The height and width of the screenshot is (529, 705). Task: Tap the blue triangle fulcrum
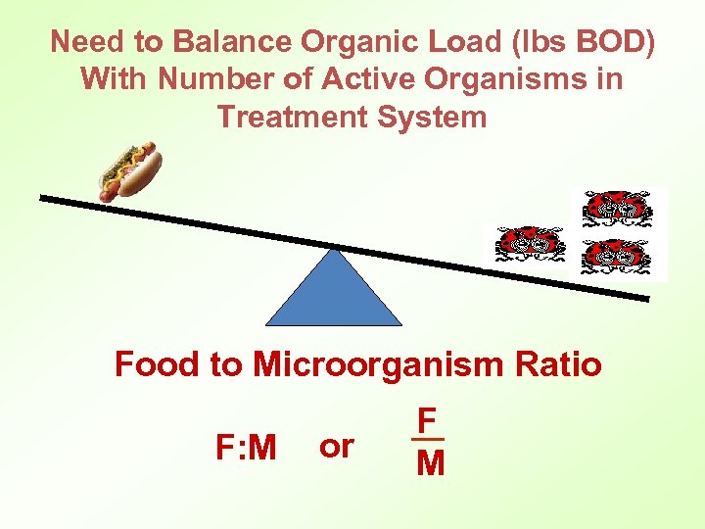pyautogui.click(x=335, y=295)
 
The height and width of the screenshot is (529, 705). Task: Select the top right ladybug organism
pyautogui.click(x=616, y=209)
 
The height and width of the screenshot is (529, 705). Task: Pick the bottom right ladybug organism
pyautogui.click(x=616, y=257)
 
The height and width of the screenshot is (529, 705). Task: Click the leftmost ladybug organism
pyautogui.click(x=530, y=245)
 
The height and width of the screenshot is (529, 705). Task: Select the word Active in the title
pyautogui.click(x=328, y=79)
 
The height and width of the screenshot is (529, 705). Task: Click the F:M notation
pyautogui.click(x=246, y=448)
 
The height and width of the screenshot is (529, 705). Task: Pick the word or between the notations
pyautogui.click(x=336, y=447)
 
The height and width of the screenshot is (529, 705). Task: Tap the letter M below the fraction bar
pyautogui.click(x=429, y=462)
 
